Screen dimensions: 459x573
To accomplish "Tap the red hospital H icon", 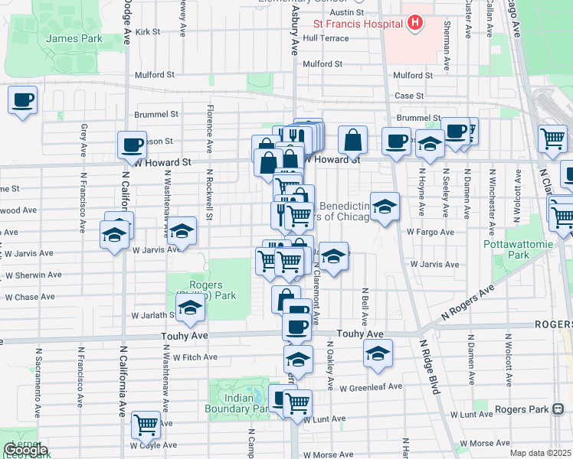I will [x=414, y=23].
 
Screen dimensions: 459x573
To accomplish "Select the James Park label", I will [x=64, y=38].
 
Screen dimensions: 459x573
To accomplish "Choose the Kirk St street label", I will [x=147, y=32].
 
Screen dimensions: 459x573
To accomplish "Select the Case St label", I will [x=409, y=96].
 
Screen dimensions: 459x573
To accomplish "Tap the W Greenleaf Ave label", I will [x=372, y=387].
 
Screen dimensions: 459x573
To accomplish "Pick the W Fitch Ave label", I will [x=195, y=356].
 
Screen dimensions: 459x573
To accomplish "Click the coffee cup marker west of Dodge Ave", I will [x=22, y=100].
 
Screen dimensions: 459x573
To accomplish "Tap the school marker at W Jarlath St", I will [x=189, y=309].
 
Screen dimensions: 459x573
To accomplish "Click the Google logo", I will [x=26, y=450].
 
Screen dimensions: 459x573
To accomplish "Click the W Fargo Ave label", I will [x=431, y=232].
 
